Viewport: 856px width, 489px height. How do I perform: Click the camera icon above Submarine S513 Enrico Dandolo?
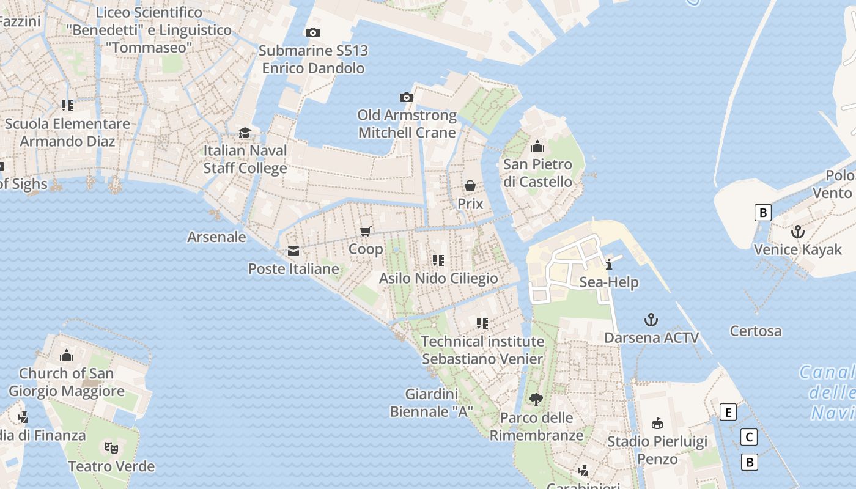pyautogui.click(x=313, y=32)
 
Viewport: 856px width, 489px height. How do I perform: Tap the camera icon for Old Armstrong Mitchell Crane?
pyautogui.click(x=407, y=97)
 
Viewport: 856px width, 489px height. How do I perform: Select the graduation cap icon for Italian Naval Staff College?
pyautogui.click(x=245, y=133)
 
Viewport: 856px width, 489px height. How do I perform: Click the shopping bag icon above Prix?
pyautogui.click(x=470, y=186)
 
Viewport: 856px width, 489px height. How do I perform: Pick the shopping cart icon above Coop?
pyautogui.click(x=366, y=231)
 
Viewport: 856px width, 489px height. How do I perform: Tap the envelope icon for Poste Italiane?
pyautogui.click(x=293, y=251)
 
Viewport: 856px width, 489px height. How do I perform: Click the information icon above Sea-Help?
pyautogui.click(x=609, y=264)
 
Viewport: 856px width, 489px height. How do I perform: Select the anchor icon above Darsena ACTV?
pyautogui.click(x=651, y=320)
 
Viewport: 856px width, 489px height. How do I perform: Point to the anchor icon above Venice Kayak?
pyautogui.click(x=797, y=232)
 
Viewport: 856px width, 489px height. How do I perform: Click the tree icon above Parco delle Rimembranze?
pyautogui.click(x=536, y=400)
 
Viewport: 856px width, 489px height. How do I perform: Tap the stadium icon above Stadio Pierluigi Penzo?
pyautogui.click(x=657, y=423)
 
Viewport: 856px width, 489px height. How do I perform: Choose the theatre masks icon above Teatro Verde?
pyautogui.click(x=111, y=448)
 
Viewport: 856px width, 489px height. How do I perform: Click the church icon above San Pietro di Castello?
pyautogui.click(x=537, y=146)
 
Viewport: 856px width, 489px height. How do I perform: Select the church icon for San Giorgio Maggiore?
pyautogui.click(x=67, y=355)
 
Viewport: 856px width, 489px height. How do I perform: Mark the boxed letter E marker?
pyautogui.click(x=728, y=413)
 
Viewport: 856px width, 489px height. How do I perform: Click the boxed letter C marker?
pyautogui.click(x=748, y=437)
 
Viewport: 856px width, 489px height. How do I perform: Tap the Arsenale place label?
pyautogui.click(x=216, y=237)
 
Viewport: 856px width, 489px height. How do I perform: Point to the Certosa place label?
pyautogui.click(x=756, y=331)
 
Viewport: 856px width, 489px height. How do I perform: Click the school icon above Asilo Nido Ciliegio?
pyautogui.click(x=438, y=260)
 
